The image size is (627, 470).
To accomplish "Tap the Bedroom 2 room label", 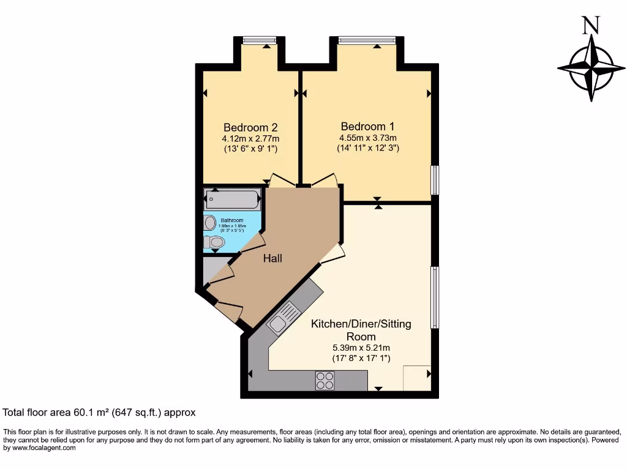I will coord(250,127).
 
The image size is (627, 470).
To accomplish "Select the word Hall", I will coord(272,259).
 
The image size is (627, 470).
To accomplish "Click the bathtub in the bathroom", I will coord(233,199).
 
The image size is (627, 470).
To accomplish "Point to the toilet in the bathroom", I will coord(214,243).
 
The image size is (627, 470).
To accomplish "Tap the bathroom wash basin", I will coord(210,222).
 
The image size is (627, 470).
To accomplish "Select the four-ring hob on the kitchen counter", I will coord(325,380).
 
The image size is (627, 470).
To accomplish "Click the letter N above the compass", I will coord(590,26).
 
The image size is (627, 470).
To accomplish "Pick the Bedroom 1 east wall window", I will coord(435,180).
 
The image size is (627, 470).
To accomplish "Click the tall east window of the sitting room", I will coord(435,297).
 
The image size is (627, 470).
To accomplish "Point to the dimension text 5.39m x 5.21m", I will coord(361,348).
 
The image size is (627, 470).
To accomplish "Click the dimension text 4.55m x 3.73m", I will coord(367,138).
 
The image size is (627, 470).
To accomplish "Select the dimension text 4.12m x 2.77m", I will coord(250,139).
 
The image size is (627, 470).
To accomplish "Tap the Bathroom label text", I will coord(232,220).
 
